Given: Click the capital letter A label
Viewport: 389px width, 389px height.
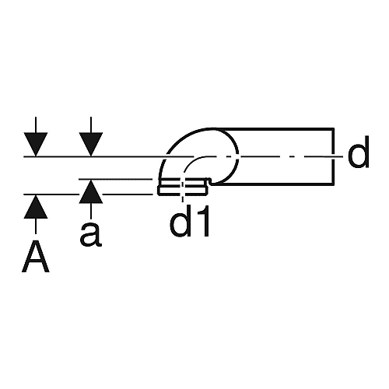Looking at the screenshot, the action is tap(36, 256).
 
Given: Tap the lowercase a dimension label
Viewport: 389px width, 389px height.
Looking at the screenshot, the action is tap(91, 235).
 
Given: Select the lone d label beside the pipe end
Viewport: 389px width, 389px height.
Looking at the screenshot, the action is tap(358, 152).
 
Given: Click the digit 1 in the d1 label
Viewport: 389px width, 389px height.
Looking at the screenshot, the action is tap(202, 220).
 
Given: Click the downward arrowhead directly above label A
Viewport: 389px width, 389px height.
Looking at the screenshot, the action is tap(36, 145).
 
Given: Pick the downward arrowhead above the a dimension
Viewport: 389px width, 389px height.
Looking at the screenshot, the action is tap(91, 145).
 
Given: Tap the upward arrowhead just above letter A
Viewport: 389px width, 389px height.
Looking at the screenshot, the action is tap(36, 207).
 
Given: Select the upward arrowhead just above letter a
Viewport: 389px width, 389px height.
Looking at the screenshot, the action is tap(91, 191).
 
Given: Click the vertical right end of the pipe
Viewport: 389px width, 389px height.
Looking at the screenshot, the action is tap(333, 156).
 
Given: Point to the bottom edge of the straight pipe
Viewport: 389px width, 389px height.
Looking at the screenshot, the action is tap(272, 184).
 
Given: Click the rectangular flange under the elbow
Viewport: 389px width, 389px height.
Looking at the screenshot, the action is tap(183, 187).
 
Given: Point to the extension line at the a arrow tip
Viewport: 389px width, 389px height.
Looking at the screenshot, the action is tap(115, 179).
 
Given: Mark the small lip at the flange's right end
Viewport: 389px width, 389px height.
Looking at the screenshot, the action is tap(209, 181).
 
